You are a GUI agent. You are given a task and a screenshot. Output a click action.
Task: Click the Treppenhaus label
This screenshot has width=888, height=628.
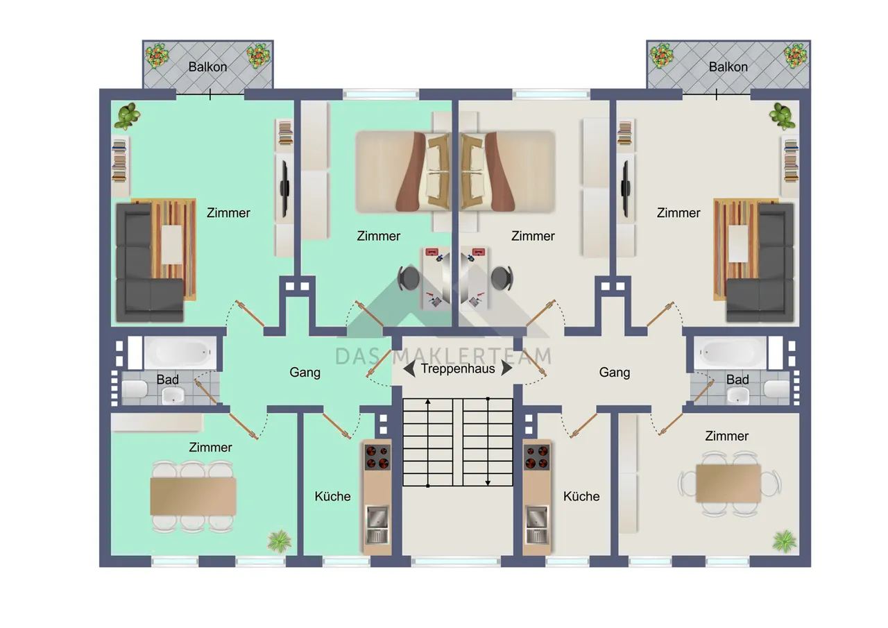[458, 369]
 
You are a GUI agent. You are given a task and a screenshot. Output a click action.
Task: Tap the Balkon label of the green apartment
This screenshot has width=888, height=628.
[207, 67]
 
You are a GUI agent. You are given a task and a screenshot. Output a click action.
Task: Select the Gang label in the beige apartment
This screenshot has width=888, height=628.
[615, 373]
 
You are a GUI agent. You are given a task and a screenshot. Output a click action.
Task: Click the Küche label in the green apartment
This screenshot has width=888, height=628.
[332, 496]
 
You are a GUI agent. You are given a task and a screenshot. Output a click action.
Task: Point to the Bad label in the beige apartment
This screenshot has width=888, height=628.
[737, 380]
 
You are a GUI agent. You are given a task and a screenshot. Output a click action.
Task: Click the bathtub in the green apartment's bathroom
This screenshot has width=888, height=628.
[181, 352]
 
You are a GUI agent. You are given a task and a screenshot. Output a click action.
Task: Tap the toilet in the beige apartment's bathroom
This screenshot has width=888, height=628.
[776, 389]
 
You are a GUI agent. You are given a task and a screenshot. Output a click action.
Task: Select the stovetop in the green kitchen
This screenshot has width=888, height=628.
[377, 457]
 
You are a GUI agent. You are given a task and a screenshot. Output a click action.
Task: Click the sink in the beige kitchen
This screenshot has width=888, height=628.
[536, 517]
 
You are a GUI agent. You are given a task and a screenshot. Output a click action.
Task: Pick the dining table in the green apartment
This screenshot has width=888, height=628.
[193, 496]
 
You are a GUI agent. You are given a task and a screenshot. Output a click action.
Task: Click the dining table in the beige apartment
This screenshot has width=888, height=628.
[728, 483]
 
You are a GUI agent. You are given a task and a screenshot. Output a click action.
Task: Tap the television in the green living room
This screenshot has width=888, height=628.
[285, 189]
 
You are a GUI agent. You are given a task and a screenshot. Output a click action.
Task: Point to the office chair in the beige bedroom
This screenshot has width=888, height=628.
[502, 278]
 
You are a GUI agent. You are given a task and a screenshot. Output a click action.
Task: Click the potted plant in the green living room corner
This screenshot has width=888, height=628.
[127, 116]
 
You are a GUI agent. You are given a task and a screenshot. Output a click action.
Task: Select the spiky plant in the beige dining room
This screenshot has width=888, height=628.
[785, 541]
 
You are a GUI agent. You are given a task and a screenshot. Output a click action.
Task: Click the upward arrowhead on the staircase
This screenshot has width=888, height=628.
[428, 402]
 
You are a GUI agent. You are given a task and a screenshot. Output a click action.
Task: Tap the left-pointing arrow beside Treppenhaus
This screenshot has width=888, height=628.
[409, 368]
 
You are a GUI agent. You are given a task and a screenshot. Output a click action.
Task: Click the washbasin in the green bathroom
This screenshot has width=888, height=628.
[173, 396]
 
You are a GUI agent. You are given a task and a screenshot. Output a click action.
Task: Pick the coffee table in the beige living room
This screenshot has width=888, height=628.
[737, 244]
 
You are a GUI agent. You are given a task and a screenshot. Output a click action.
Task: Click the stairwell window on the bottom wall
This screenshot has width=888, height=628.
[456, 561]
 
